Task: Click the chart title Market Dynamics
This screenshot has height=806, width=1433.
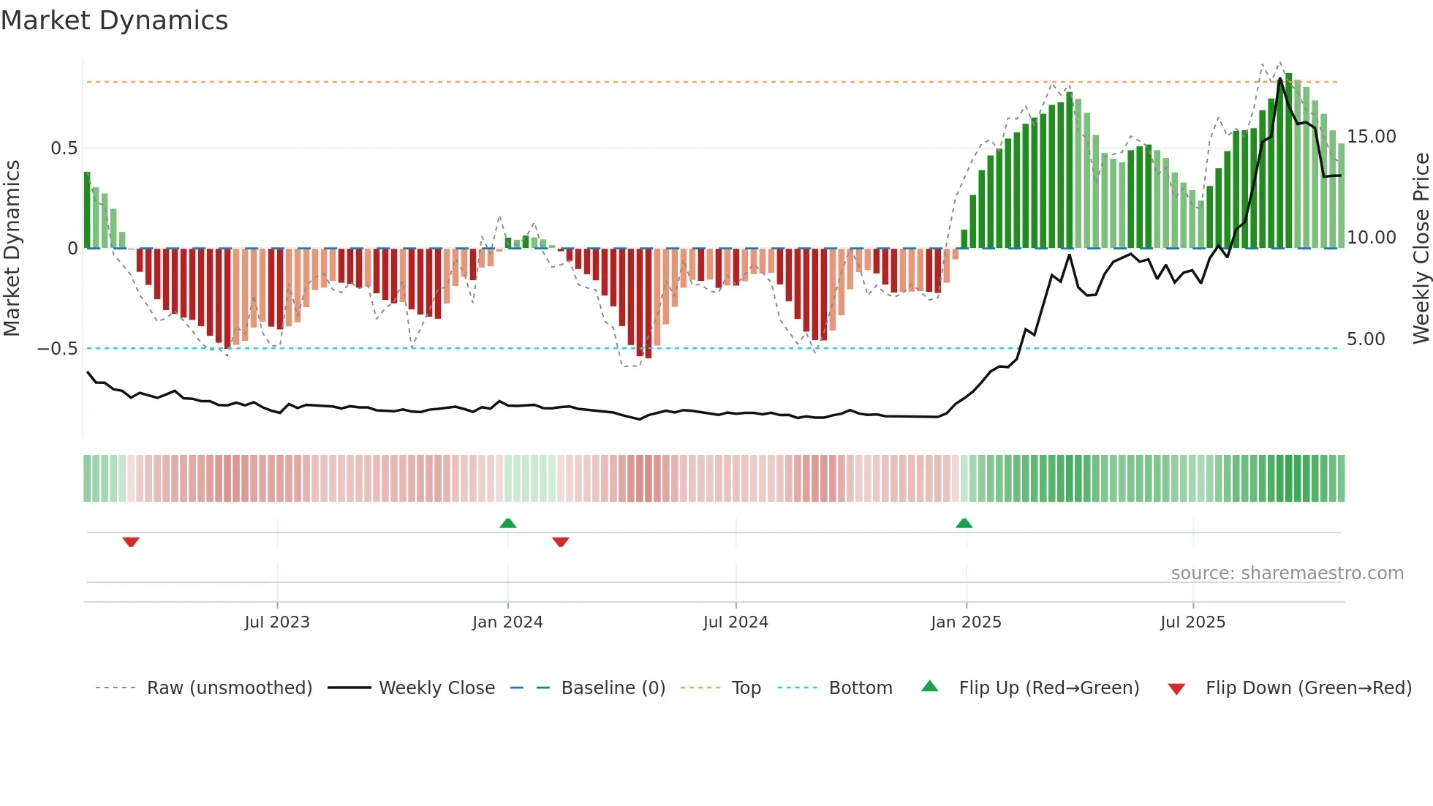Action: click(x=114, y=20)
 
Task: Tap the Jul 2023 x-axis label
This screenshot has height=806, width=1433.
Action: click(x=277, y=622)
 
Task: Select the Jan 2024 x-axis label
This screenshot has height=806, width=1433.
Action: click(x=507, y=622)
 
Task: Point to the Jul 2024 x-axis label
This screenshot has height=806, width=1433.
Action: click(x=736, y=622)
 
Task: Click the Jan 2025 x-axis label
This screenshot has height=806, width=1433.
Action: click(x=966, y=622)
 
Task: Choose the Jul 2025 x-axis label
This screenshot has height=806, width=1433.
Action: click(x=1192, y=622)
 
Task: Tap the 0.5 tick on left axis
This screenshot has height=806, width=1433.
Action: click(x=64, y=148)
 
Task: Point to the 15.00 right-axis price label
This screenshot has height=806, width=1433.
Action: click(x=1372, y=137)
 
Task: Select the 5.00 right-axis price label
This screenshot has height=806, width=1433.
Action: click(x=1366, y=339)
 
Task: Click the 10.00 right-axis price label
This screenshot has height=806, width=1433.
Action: click(x=1372, y=238)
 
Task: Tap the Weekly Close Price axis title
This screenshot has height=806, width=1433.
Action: click(x=1421, y=248)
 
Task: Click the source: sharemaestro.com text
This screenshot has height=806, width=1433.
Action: click(x=1287, y=573)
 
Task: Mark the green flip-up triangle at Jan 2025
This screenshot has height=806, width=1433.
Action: click(x=964, y=523)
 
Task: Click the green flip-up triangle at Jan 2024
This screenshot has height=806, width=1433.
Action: click(x=508, y=523)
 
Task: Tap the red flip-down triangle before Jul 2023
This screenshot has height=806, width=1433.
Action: click(x=131, y=542)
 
